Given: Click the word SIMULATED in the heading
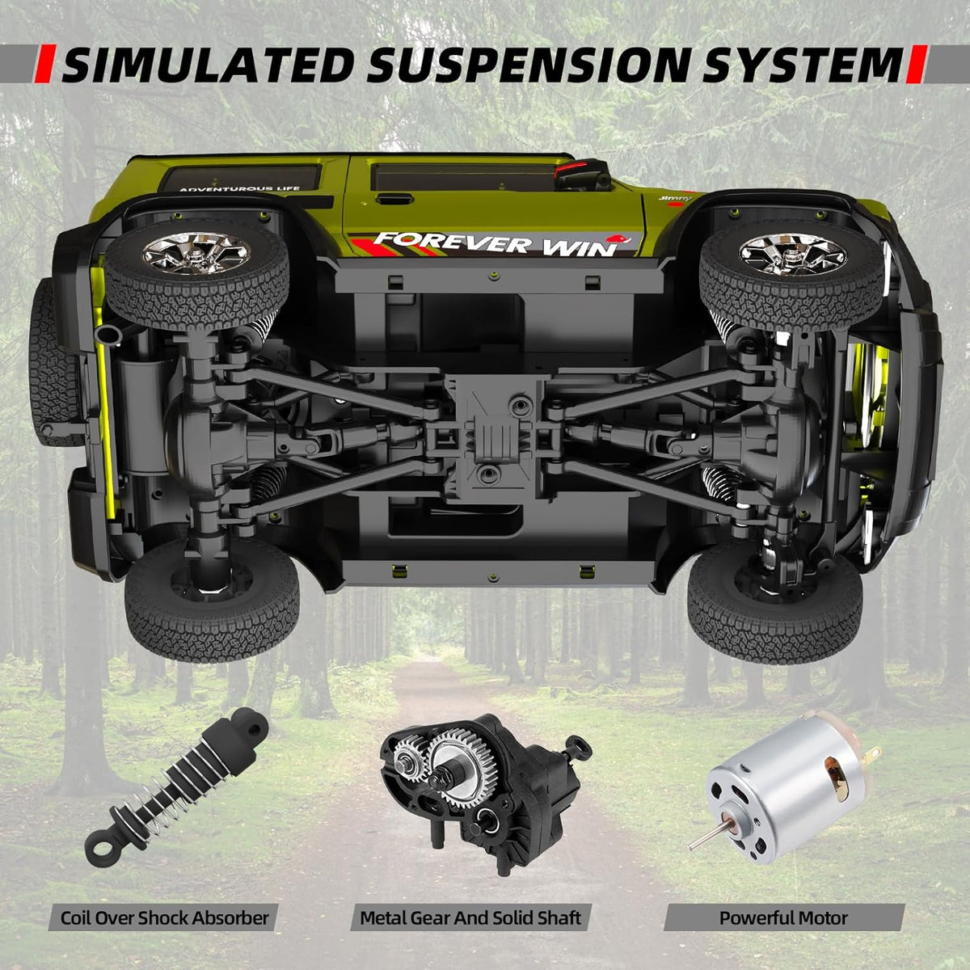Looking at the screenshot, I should (207, 65).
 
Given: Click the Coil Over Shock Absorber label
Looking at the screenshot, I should (164, 917).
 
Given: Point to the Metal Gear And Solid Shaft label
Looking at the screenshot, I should (470, 917).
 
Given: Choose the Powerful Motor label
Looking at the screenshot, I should (783, 917).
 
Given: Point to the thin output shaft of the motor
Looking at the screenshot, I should (700, 837).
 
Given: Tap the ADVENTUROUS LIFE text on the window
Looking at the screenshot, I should (239, 189).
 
